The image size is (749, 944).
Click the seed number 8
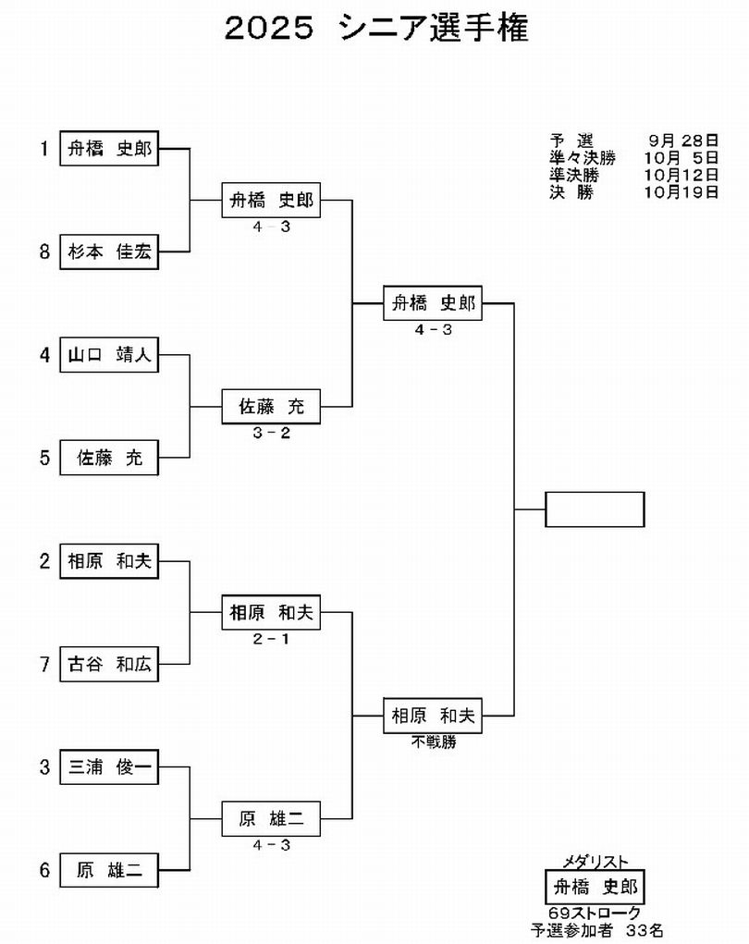click(x=43, y=251)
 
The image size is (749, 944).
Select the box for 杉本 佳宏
click(x=109, y=251)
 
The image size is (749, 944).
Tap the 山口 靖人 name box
click(x=109, y=354)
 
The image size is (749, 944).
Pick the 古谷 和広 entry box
click(x=109, y=664)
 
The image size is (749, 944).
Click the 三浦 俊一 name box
click(x=109, y=766)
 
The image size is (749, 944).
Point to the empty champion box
click(x=595, y=509)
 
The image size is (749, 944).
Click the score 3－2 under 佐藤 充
click(x=271, y=432)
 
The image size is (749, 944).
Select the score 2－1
click(x=271, y=639)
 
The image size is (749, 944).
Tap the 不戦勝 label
click(x=433, y=742)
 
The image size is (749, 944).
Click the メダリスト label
click(x=595, y=862)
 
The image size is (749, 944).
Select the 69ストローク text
click(x=595, y=913)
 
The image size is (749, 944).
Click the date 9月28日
click(x=683, y=141)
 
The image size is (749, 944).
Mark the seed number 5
click(x=43, y=458)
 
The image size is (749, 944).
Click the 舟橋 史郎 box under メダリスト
click(x=595, y=889)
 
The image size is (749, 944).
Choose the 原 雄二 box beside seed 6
click(x=109, y=870)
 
